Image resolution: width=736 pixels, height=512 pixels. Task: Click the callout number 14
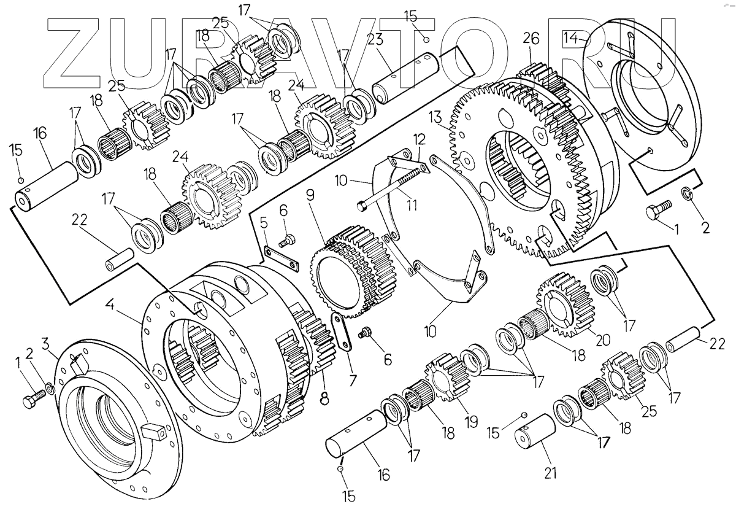click(x=570, y=38)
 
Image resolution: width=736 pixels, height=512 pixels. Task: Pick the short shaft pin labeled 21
click(x=534, y=432)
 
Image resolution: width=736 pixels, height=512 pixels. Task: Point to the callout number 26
click(x=531, y=39)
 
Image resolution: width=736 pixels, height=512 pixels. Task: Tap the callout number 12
click(x=419, y=139)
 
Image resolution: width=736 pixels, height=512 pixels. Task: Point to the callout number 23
click(x=375, y=39)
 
